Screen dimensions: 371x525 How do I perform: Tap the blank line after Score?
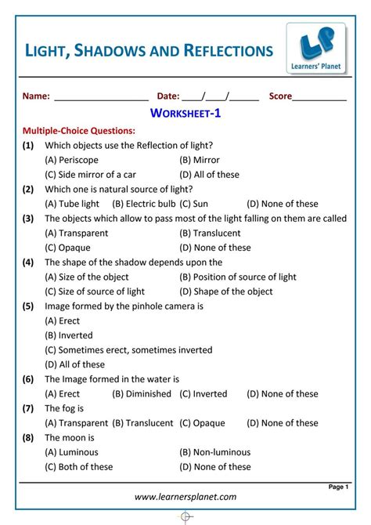pos(319,98)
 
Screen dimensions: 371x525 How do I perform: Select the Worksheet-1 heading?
pos(185,115)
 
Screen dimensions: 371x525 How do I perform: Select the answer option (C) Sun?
pos(197,204)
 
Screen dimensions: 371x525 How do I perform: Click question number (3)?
pos(28,219)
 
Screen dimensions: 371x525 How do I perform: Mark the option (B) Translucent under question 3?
pos(210,233)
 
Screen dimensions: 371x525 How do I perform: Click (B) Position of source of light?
pos(238,277)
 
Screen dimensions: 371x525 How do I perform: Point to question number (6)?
pos(28,378)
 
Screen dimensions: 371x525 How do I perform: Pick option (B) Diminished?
pos(142,393)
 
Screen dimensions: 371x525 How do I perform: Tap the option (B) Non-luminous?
pos(215,452)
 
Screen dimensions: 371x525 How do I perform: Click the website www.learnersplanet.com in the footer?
pos(185,497)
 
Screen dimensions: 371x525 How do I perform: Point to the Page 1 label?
pos(337,487)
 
